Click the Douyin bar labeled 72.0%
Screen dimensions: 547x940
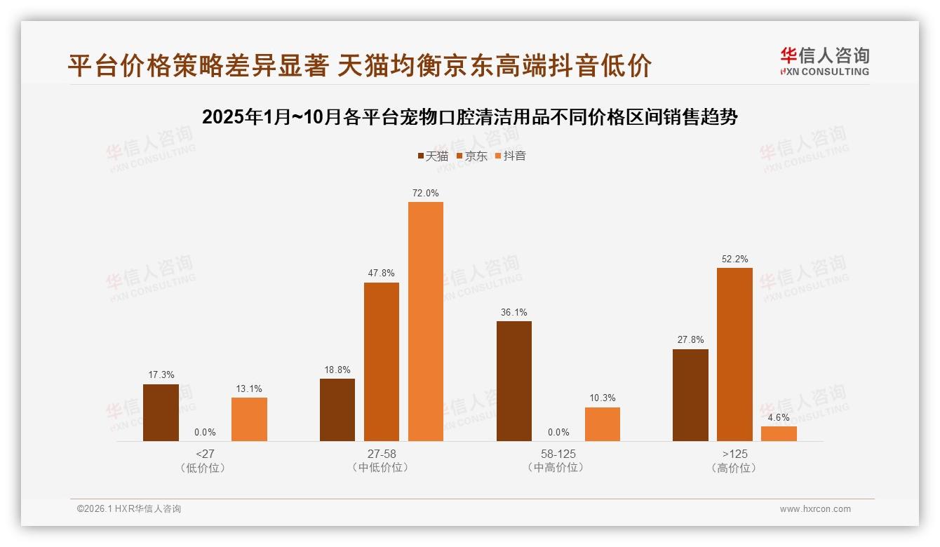426,321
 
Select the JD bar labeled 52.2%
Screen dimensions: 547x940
734,354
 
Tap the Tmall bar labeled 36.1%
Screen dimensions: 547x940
514,381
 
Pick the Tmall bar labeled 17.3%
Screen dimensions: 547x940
161,412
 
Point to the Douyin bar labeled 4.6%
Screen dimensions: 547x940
779,433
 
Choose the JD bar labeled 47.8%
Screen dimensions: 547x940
382,361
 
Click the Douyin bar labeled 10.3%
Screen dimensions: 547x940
603,424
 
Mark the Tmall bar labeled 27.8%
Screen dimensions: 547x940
690,395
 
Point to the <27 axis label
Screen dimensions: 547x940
205,454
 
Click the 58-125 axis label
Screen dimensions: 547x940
558,454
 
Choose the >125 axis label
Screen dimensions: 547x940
734,454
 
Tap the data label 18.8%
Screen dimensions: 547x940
337,370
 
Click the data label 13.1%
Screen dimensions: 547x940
249,389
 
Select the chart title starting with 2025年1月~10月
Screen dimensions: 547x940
469,117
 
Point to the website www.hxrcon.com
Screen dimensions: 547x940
815,509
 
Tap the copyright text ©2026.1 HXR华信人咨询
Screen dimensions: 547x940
129,509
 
